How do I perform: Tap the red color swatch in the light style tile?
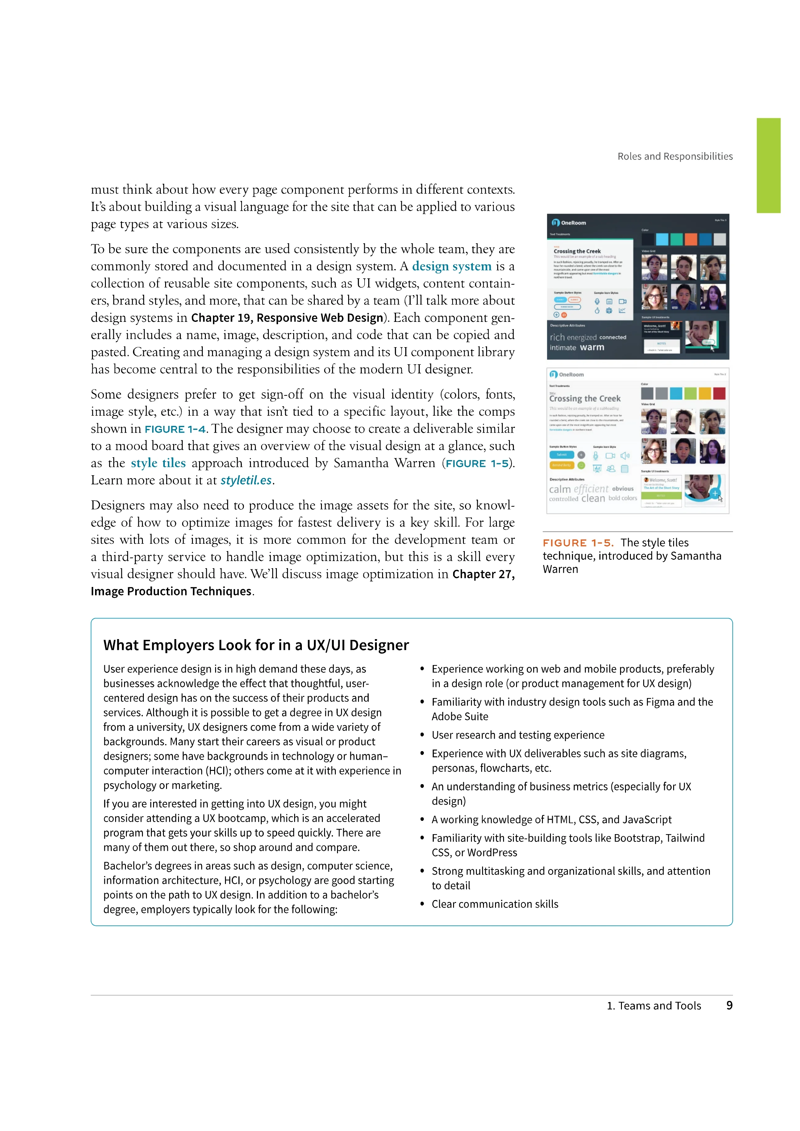719,393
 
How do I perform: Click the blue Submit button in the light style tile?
562,455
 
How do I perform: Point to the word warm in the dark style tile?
592,347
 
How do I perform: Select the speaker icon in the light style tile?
625,456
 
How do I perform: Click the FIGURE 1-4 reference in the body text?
175,429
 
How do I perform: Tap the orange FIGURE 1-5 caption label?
577,543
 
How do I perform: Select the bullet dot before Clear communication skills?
422,904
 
